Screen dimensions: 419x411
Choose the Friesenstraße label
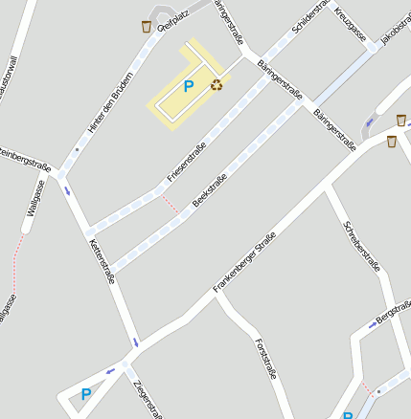point(187,163)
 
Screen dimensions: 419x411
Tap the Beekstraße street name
point(210,189)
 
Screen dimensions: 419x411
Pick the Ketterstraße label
point(102,261)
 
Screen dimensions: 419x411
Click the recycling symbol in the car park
point(217,85)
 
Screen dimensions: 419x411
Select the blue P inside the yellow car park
point(188,86)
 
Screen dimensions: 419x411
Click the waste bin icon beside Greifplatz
point(146,26)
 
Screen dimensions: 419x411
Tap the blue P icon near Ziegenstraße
point(85,393)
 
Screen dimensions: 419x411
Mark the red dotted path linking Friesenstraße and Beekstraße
point(170,202)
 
